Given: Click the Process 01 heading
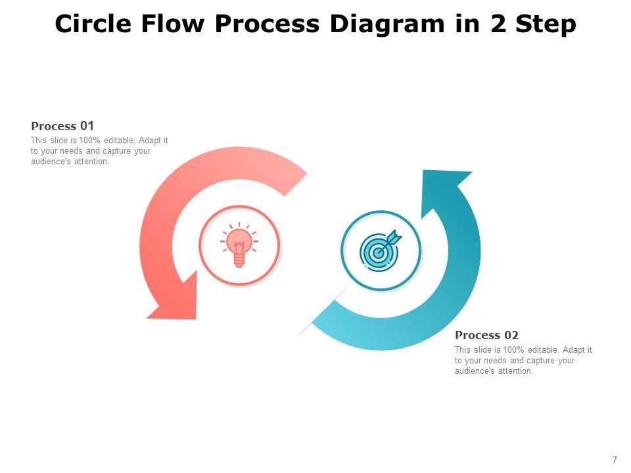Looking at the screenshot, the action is click(63, 126).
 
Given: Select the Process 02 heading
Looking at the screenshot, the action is click(486, 336).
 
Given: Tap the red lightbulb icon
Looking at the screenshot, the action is click(239, 246).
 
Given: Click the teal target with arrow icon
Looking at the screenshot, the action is click(380, 250).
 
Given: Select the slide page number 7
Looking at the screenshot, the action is click(615, 460).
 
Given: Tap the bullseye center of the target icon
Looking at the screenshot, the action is click(377, 252).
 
